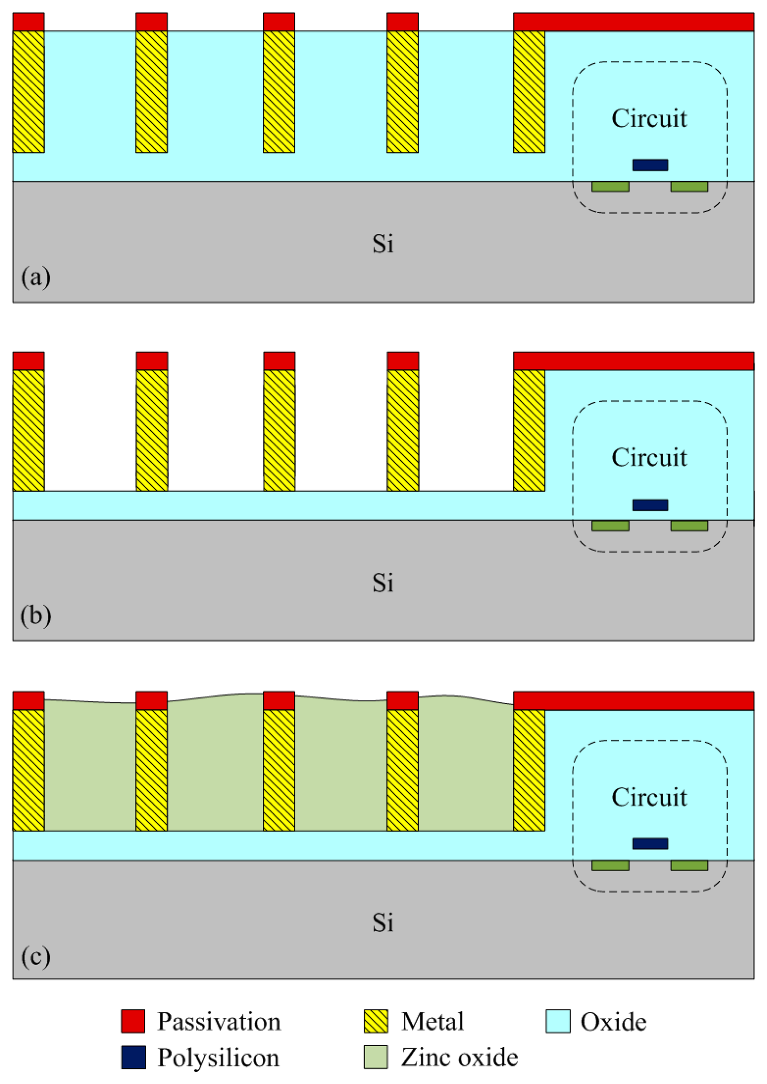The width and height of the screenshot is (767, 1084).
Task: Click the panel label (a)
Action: coord(35,277)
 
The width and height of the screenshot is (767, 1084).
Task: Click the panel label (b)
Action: coord(35,616)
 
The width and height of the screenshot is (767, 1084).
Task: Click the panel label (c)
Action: coord(35,957)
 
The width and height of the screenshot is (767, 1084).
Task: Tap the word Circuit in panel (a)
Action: coord(649,118)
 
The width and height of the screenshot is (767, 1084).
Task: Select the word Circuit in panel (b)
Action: coord(649,457)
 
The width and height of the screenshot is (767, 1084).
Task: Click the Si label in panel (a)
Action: coord(383,244)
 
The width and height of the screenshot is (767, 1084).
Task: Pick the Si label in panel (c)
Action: coord(383,922)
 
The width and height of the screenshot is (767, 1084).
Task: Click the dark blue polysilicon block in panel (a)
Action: coord(650,165)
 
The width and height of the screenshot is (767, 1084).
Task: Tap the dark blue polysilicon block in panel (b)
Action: coord(650,505)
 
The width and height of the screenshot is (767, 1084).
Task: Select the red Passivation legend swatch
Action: coord(133,1021)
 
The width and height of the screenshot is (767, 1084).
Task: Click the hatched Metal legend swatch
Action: coord(376,1021)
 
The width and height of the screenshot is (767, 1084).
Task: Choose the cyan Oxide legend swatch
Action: coord(558,1021)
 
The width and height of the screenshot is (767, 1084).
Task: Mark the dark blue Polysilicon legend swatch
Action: coord(133,1057)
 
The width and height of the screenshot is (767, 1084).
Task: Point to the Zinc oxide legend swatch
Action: coord(376,1057)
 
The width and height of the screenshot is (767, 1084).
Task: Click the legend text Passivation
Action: coord(219,1022)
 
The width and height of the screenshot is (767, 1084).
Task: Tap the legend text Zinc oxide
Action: coord(459,1057)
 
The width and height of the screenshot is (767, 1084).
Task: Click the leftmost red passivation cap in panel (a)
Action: coord(28,22)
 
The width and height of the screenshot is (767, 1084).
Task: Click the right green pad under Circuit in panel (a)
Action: coord(689,187)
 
